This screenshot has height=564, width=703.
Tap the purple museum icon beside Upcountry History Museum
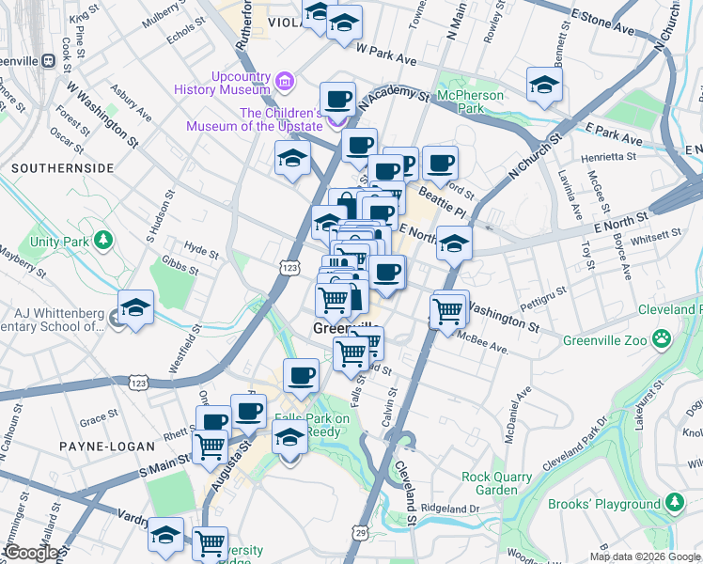click(x=286, y=84)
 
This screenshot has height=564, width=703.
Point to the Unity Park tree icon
click(x=102, y=242)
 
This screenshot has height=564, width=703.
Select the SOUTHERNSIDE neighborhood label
click(x=63, y=168)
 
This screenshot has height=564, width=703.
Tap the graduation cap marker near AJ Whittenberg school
click(x=135, y=309)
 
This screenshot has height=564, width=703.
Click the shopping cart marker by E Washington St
click(x=448, y=311)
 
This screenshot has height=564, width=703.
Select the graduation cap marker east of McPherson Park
click(x=544, y=86)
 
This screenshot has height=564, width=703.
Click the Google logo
click(x=31, y=553)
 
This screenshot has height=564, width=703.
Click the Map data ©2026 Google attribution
click(x=644, y=556)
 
